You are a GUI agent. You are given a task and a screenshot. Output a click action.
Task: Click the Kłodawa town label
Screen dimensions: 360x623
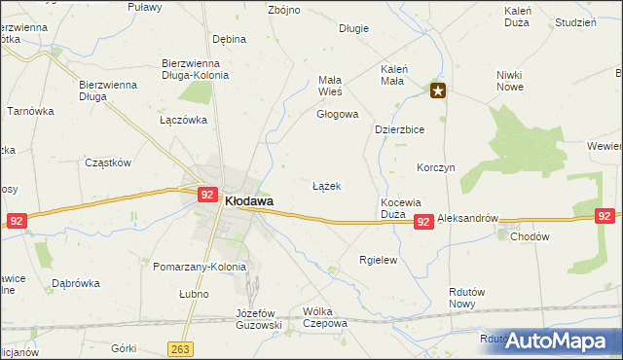click(x=248, y=201)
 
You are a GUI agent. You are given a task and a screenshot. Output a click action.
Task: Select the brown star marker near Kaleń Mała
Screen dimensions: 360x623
click(x=438, y=91)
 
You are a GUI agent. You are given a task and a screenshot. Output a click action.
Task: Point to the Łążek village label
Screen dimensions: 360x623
click(x=326, y=185)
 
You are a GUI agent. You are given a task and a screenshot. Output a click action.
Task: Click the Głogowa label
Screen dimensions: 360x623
click(x=337, y=114)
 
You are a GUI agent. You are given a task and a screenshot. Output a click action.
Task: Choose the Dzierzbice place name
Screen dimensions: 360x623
click(x=399, y=128)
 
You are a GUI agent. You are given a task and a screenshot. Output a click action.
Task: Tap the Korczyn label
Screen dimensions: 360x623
click(x=435, y=167)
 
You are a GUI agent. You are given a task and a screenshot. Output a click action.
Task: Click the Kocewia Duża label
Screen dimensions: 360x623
click(x=399, y=207)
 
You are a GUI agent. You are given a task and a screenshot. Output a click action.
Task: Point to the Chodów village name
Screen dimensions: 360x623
click(x=530, y=236)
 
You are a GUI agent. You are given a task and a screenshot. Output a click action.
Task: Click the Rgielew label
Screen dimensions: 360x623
click(x=378, y=260)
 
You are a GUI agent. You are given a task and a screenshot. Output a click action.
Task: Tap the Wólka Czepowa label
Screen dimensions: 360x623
click(x=325, y=317)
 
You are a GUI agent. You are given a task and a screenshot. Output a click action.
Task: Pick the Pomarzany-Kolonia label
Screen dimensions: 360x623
click(x=201, y=266)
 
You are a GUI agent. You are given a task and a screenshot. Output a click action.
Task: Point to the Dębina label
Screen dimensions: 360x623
click(x=229, y=39)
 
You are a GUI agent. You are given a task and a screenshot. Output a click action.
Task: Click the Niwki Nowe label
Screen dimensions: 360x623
click(x=509, y=81)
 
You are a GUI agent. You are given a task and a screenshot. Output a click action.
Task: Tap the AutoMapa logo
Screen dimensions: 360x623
click(x=558, y=341)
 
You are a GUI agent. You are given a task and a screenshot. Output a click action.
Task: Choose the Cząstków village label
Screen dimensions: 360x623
click(x=108, y=163)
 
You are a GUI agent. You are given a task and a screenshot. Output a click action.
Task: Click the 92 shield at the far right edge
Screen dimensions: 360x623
click(x=605, y=216)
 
